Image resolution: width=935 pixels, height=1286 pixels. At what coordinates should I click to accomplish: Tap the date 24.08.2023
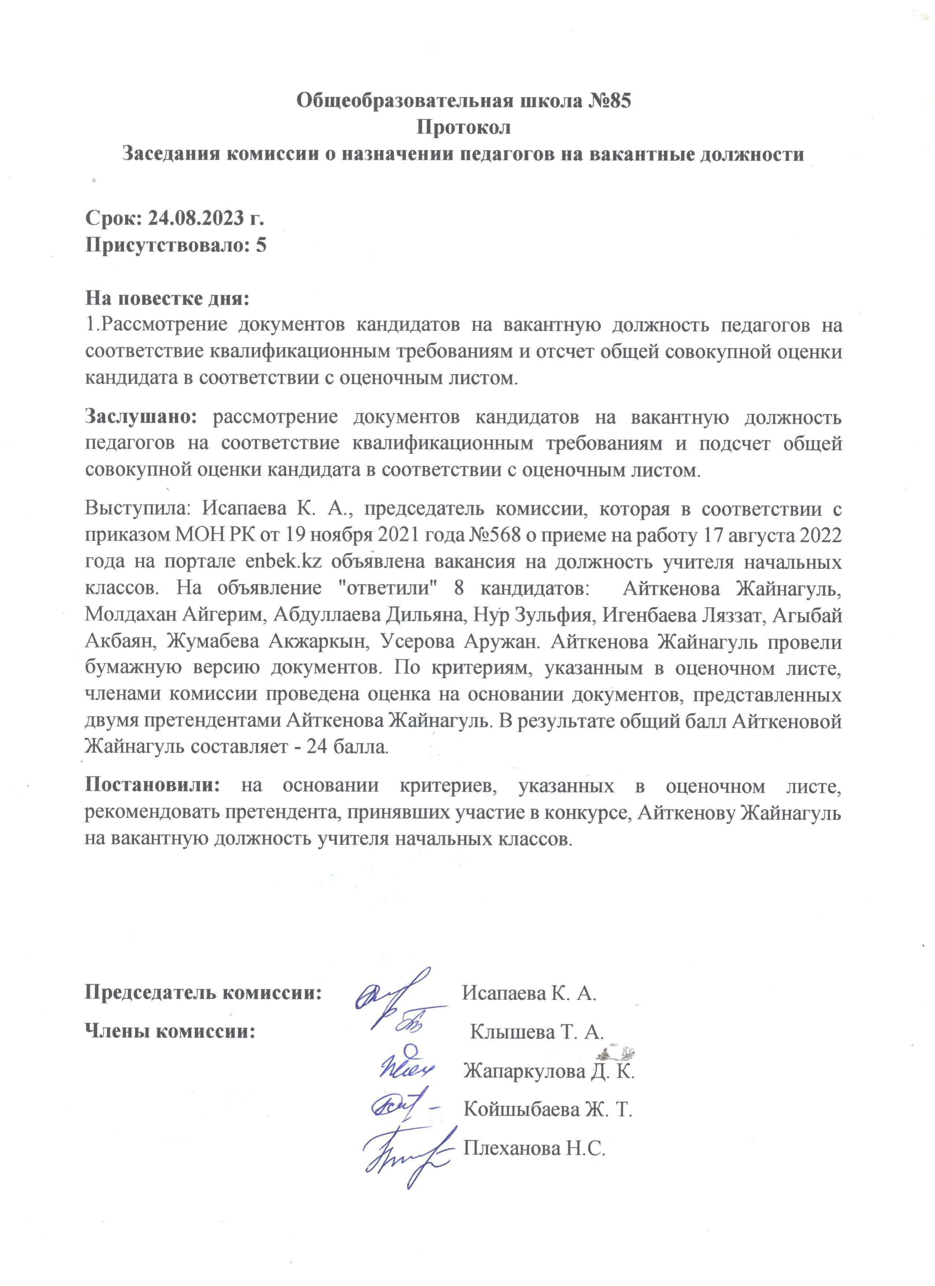pyautogui.click(x=198, y=218)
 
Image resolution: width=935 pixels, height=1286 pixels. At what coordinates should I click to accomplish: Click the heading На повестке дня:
pyautogui.click(x=167, y=298)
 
